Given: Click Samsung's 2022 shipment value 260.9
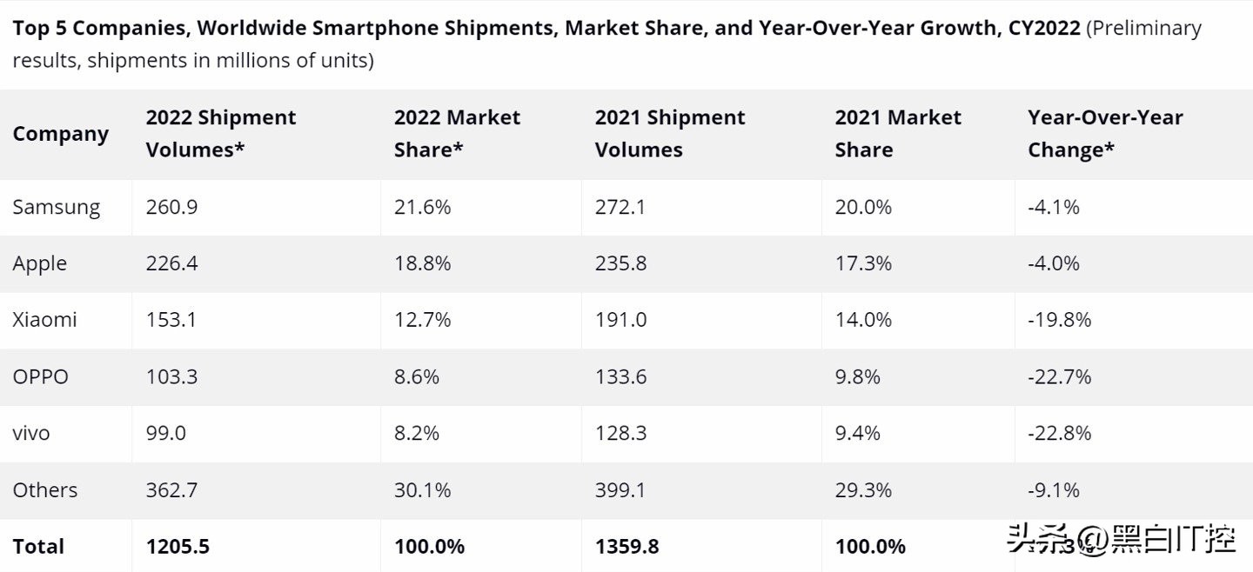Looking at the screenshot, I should click(x=171, y=208).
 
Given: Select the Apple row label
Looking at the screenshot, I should click(x=39, y=264).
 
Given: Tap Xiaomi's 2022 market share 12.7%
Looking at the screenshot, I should click(x=422, y=320).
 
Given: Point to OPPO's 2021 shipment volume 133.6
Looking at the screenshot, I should click(x=620, y=376).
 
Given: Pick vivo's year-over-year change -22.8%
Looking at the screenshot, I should click(x=1059, y=433).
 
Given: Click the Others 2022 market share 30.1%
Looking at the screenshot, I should click(x=422, y=490).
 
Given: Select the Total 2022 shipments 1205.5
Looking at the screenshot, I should click(x=178, y=547).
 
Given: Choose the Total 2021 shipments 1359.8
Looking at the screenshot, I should click(x=626, y=547).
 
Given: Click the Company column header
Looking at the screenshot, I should click(x=60, y=134).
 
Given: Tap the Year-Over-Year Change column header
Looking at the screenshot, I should click(x=1105, y=134).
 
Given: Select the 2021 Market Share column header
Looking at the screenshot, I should click(x=898, y=134).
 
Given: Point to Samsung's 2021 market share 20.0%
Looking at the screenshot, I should click(x=863, y=208).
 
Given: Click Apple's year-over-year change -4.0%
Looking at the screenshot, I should click(x=1054, y=264).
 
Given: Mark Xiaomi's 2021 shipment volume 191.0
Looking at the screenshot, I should click(x=620, y=320).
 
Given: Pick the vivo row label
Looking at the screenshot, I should click(x=30, y=433).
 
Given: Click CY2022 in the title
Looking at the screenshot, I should click(x=1044, y=28).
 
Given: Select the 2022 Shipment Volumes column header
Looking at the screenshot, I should click(x=221, y=134).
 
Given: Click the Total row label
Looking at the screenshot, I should click(x=38, y=547).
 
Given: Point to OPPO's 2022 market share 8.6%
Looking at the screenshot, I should click(x=416, y=376).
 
